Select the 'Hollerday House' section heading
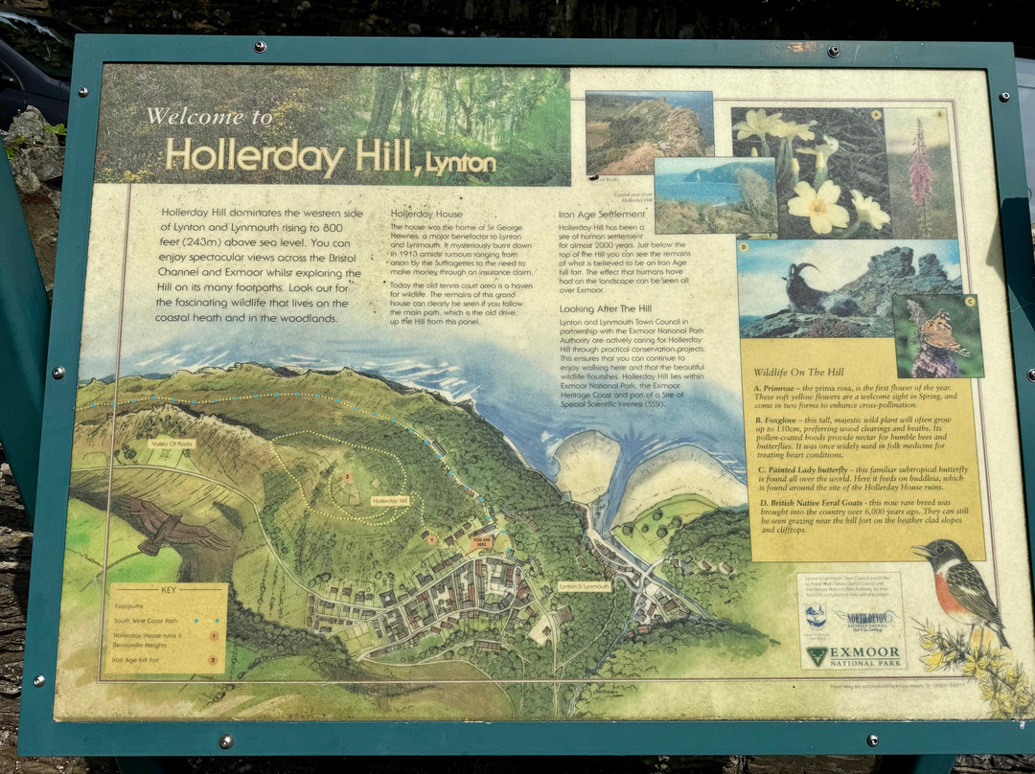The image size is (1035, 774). (x=426, y=214)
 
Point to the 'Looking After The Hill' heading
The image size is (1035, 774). (x=605, y=308)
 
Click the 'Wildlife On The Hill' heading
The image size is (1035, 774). (x=798, y=371)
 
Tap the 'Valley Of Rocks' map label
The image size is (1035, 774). (x=172, y=444)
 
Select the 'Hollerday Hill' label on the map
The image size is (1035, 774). (x=390, y=501)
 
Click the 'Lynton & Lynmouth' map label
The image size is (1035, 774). (x=584, y=585)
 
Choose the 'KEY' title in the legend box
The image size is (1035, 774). (x=169, y=591)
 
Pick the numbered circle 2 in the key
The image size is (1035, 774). (x=213, y=659)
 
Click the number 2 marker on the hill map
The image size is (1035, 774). (x=346, y=476)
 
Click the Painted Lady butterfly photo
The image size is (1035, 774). (x=937, y=334)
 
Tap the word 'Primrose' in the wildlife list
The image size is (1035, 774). (x=785, y=388)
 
